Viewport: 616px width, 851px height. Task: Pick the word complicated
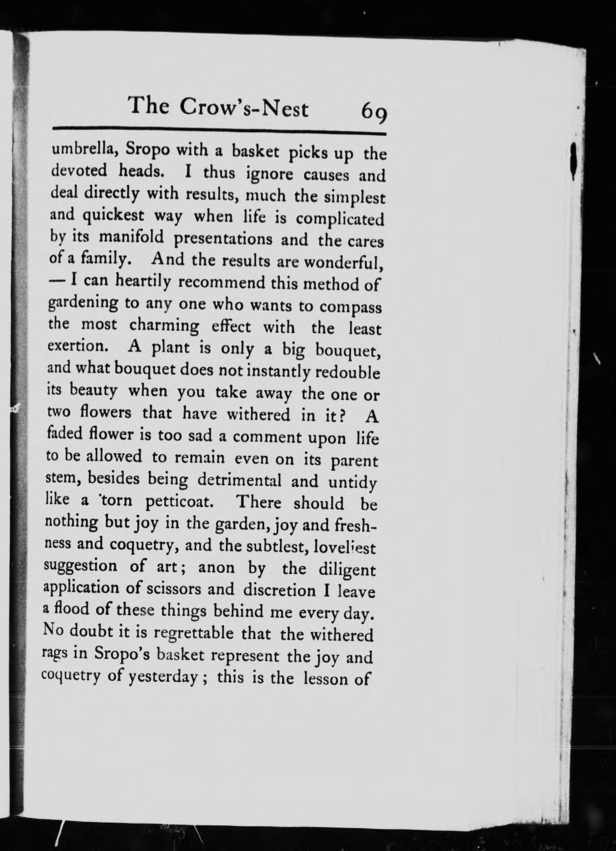(x=340, y=219)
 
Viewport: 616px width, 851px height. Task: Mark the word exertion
(x=75, y=345)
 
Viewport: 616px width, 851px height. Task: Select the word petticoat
(x=180, y=501)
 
